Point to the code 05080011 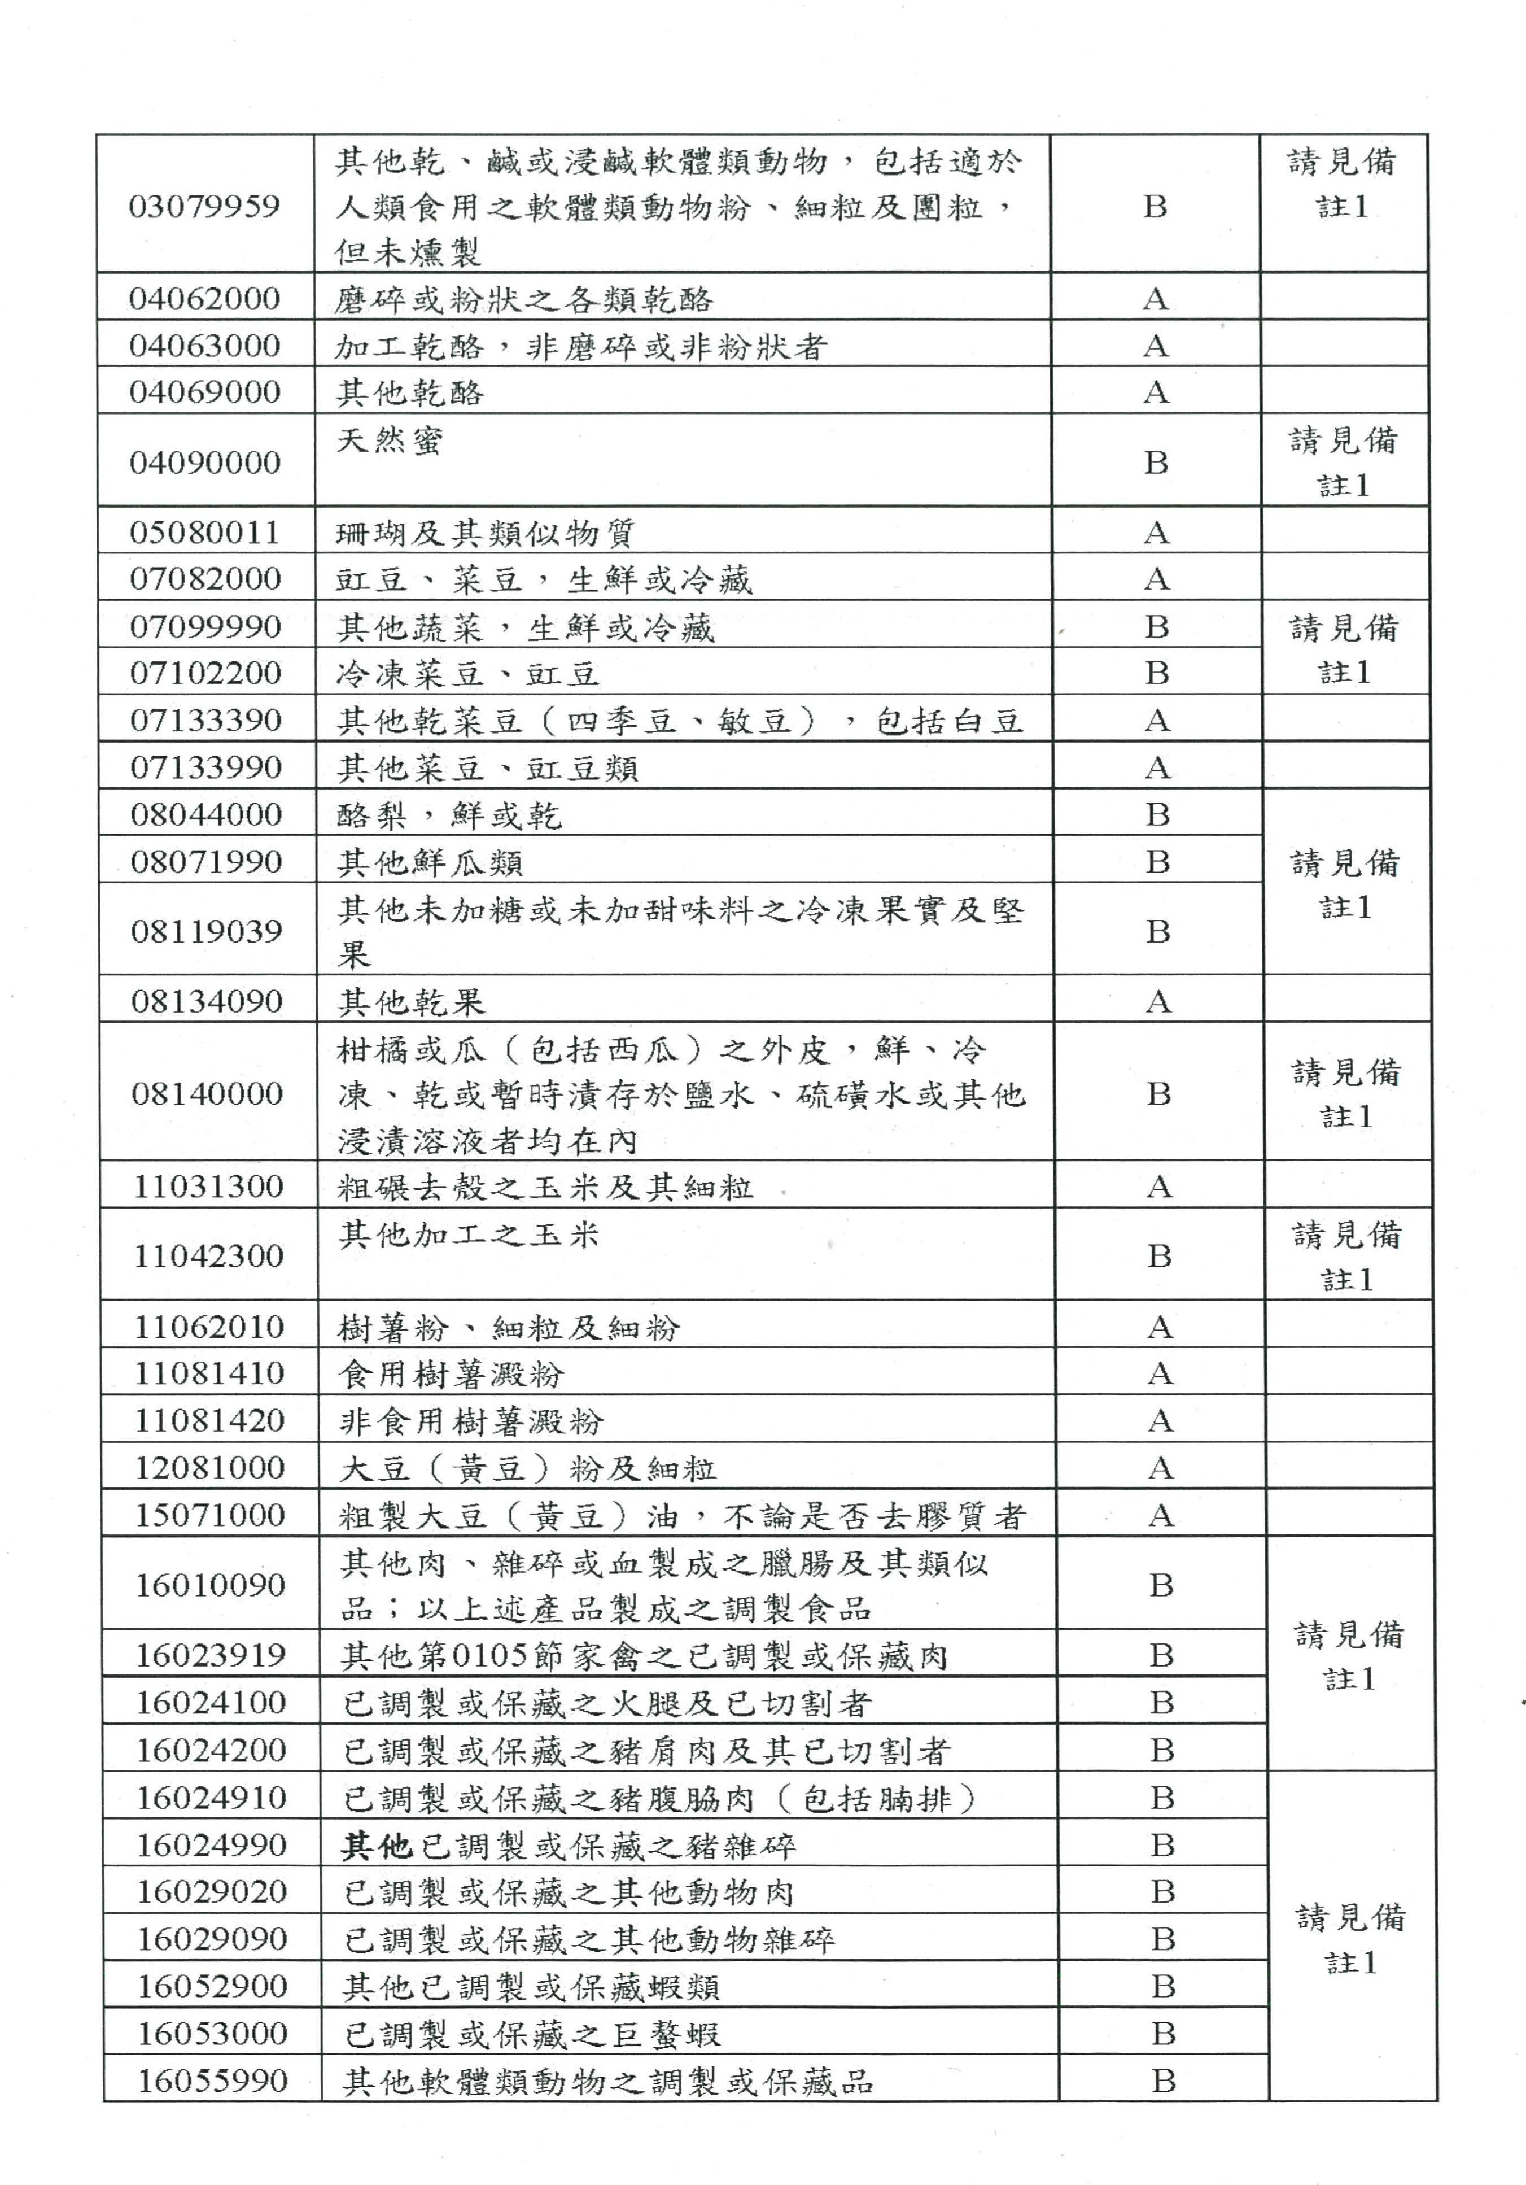point(205,532)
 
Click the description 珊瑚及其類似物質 point(485,533)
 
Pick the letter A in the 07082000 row point(1156,579)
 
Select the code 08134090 point(207,1001)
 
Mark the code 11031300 point(208,1187)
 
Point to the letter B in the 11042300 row point(1159,1256)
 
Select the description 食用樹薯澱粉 point(452,1374)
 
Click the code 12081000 point(209,1467)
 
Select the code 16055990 point(212,2081)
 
